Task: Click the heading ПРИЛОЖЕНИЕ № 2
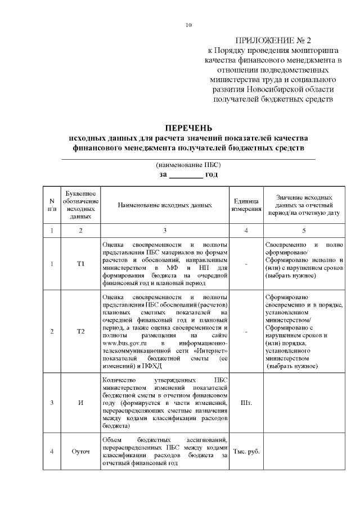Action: [x=272, y=40]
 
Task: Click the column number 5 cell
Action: [x=304, y=231]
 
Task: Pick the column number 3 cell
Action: [x=165, y=231]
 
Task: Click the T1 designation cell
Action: [x=81, y=264]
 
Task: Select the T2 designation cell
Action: [x=81, y=332]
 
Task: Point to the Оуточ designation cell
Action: [x=81, y=451]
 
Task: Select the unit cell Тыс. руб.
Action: [x=246, y=451]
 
